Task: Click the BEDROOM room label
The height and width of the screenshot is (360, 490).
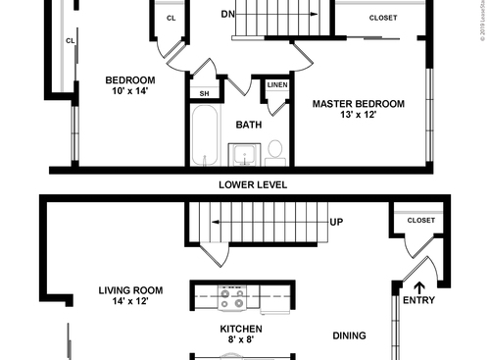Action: (129, 79)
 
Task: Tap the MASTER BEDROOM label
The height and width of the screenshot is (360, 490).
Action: (358, 103)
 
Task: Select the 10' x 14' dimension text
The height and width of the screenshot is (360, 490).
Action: (129, 91)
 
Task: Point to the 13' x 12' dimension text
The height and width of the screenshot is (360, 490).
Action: (358, 115)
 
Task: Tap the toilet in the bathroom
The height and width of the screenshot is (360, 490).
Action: (275, 149)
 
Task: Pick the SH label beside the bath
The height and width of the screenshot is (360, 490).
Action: (205, 93)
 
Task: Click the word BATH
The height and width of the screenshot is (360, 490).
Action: (247, 125)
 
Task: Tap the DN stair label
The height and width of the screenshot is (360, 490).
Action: (227, 15)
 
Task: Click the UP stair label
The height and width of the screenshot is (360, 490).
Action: (336, 222)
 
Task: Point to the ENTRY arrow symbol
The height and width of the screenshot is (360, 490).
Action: (420, 288)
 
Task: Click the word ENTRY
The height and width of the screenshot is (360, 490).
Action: (418, 300)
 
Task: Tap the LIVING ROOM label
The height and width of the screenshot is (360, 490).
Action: (130, 290)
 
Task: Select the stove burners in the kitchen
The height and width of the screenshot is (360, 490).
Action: (233, 294)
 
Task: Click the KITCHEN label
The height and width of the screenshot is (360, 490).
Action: (239, 330)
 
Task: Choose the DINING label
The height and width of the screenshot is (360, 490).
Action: (349, 335)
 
